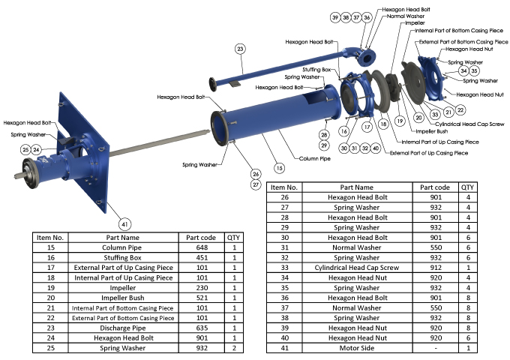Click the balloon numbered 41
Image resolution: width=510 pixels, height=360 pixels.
(125, 223)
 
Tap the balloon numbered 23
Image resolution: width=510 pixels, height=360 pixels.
(240, 49)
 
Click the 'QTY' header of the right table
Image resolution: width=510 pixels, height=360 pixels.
(467, 187)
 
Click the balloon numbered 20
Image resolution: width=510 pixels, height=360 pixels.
(418, 118)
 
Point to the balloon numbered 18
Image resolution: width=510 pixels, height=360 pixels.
(383, 123)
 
